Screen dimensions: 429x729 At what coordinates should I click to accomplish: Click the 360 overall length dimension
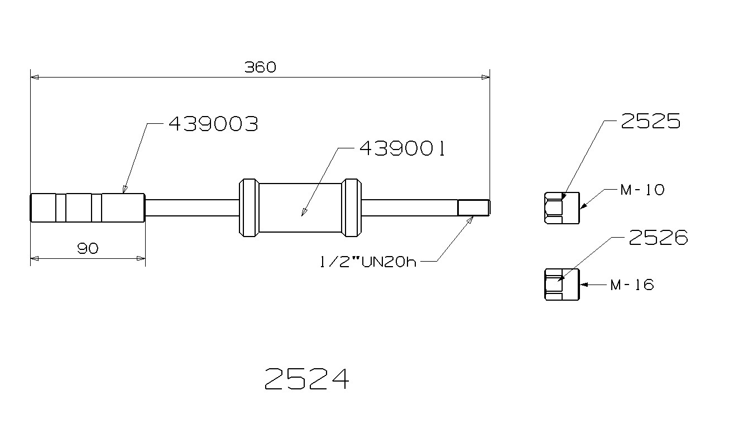point(260,68)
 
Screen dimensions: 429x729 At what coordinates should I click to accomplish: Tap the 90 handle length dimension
point(88,249)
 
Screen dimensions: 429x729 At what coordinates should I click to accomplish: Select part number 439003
point(213,124)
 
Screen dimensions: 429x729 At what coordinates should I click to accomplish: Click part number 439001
point(402,149)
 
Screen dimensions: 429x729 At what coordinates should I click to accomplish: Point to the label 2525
point(650,121)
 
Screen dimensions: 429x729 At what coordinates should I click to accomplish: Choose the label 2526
point(658,238)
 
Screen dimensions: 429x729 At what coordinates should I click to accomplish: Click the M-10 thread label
point(642,190)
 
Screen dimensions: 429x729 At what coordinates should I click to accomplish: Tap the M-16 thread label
point(632,285)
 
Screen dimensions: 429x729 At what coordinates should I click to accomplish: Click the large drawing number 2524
point(306,379)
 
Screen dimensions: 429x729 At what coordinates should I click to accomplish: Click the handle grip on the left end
point(88,208)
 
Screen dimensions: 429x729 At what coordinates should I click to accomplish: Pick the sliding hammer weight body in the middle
point(301,208)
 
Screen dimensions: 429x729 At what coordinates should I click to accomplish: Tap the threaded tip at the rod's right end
point(473,208)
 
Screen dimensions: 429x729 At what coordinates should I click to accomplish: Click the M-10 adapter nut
point(562,208)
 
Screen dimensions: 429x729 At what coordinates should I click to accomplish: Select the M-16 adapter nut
point(562,285)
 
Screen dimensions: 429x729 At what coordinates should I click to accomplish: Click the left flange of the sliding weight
point(248,208)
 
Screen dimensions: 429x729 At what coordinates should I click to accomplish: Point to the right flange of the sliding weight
point(352,208)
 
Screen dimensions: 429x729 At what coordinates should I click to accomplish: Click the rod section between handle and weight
point(191,208)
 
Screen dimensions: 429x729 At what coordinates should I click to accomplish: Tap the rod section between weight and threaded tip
point(409,208)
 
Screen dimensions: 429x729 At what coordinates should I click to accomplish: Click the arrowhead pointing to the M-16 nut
point(584,285)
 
